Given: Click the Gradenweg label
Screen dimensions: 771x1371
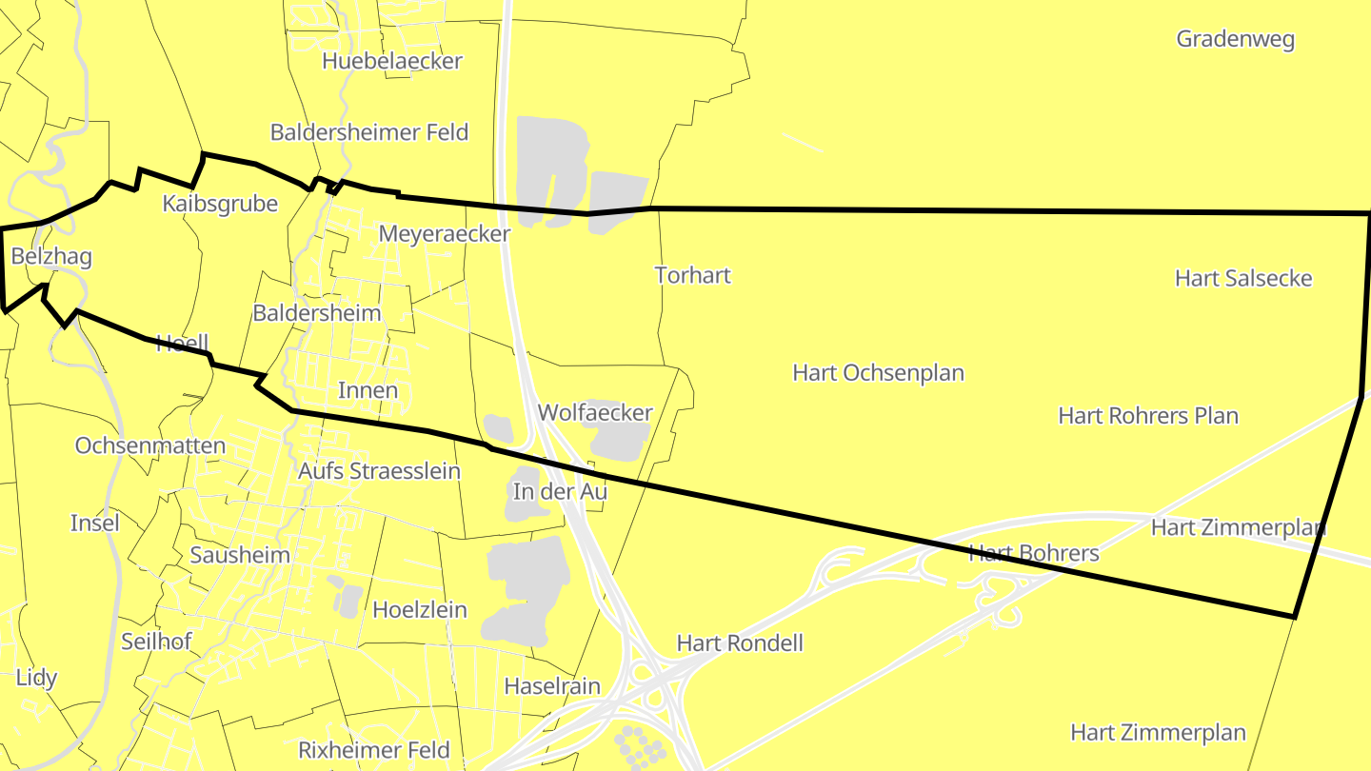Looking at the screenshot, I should click(1235, 39).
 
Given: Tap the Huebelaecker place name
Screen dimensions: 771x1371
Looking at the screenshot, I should click(392, 61).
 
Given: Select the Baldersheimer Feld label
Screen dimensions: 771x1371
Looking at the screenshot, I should click(369, 132).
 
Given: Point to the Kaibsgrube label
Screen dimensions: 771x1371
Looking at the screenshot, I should click(220, 204).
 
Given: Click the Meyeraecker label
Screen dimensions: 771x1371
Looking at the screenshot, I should click(445, 233).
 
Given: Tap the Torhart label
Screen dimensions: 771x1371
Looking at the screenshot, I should click(693, 275).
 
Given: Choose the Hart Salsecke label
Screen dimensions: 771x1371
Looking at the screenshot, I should click(1243, 278).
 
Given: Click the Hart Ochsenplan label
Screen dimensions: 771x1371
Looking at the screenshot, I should click(878, 372).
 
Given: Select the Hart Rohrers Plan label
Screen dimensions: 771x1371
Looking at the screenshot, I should click(1148, 416).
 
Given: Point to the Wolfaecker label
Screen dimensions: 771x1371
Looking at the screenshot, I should click(595, 412).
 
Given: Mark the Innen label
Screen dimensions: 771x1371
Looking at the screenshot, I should click(368, 390).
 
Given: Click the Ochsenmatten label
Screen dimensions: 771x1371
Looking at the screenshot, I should click(150, 445).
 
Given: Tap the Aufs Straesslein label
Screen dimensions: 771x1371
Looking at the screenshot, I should click(379, 471).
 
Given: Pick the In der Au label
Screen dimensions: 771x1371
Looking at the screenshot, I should click(560, 491).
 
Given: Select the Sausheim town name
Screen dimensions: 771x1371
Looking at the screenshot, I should click(240, 555).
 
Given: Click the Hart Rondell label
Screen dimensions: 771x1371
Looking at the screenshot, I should click(740, 643).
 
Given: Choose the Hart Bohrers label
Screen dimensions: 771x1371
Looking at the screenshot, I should click(1033, 553).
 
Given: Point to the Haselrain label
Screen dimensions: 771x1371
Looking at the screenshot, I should click(552, 686).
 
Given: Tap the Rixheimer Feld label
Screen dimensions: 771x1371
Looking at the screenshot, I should click(374, 750).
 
